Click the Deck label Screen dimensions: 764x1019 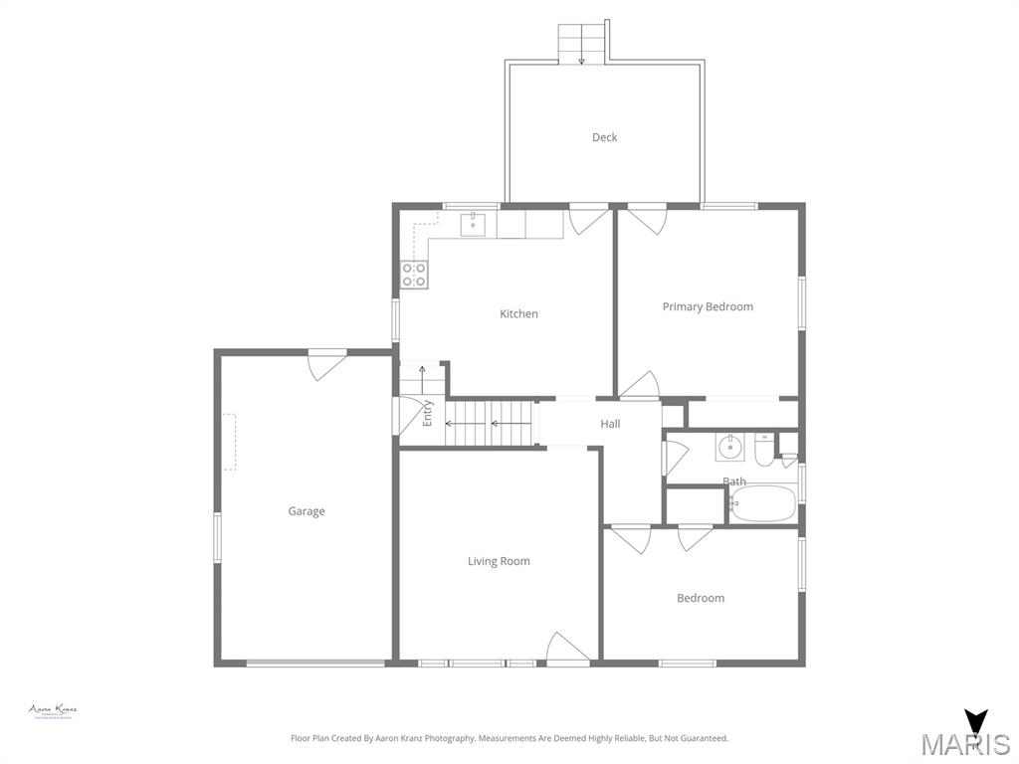[x=604, y=137]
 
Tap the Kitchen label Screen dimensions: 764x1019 [x=518, y=313]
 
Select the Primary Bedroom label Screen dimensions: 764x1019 [x=708, y=306]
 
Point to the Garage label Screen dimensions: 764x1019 [x=306, y=511]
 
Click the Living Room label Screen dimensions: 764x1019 [x=499, y=561]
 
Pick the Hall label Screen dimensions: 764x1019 [x=610, y=424]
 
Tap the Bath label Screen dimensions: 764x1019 [x=734, y=481]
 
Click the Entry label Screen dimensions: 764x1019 [x=428, y=413]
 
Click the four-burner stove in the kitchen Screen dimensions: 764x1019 [x=414, y=275]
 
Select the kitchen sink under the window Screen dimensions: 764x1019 [x=473, y=225]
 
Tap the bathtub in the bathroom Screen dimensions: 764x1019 [x=763, y=505]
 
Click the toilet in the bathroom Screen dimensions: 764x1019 [x=763, y=450]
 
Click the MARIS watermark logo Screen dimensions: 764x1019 [x=966, y=737]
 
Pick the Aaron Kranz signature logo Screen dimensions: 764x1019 [x=53, y=711]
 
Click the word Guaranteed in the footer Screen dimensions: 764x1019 [x=705, y=738]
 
